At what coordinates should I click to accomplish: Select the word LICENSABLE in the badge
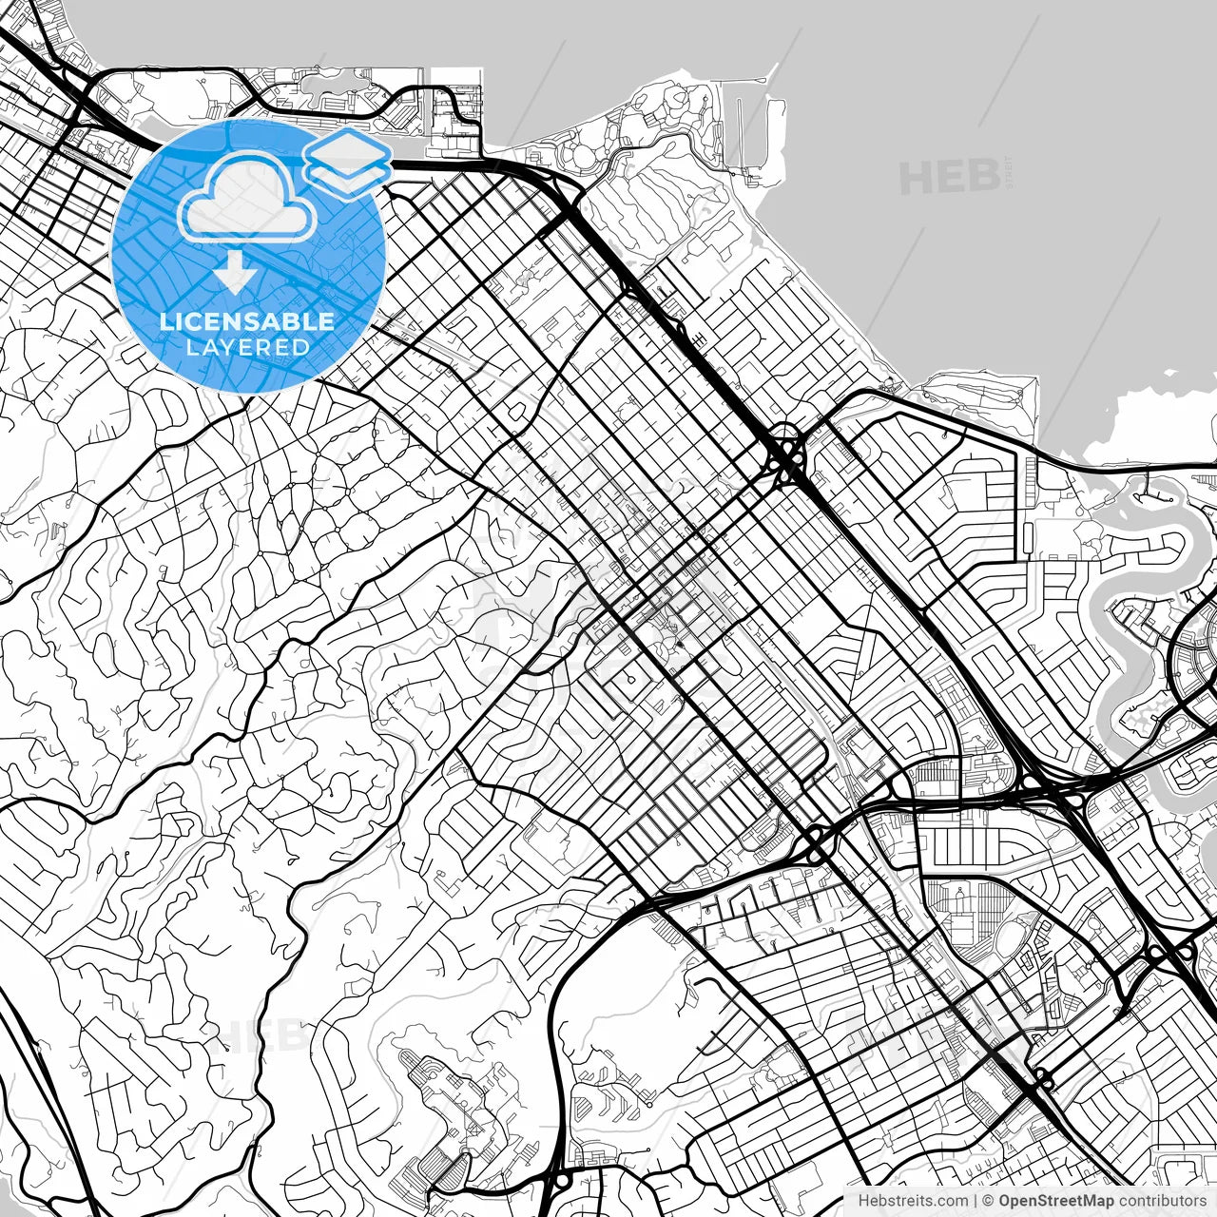click(x=247, y=321)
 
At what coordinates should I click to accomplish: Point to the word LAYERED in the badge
click(x=247, y=347)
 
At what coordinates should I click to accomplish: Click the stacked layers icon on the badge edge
click(x=347, y=160)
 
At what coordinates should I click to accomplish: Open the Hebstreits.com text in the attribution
click(x=913, y=1201)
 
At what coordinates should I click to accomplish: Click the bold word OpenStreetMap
click(x=1056, y=1201)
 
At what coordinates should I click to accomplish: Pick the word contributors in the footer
click(x=1162, y=1201)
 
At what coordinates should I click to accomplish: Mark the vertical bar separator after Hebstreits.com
click(x=976, y=1201)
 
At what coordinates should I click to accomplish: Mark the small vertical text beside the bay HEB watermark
click(x=1007, y=175)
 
